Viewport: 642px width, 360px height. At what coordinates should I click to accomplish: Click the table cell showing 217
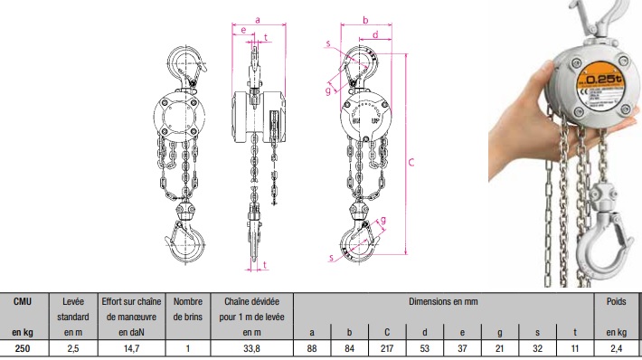point(386,348)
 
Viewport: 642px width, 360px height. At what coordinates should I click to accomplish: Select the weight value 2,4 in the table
point(616,348)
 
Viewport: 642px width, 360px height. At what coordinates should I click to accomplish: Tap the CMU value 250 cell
point(23,348)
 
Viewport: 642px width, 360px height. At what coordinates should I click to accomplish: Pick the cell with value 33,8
point(251,348)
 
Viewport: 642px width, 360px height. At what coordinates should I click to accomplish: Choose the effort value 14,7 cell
point(131,348)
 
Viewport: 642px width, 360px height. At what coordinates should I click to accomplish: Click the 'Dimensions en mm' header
point(443,302)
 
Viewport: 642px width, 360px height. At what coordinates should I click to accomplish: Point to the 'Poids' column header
point(616,301)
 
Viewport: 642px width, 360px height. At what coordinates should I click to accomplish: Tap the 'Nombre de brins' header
point(188,309)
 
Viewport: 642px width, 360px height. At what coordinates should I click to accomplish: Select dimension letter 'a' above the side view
point(258,20)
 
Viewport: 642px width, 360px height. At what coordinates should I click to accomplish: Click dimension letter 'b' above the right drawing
point(365,20)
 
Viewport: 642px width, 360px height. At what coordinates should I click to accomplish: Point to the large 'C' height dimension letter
point(411,162)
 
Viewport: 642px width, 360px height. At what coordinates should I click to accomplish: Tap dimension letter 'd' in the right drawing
point(375,34)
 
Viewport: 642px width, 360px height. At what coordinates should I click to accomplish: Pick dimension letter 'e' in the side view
point(243,30)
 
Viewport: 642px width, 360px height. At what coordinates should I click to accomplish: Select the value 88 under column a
point(312,348)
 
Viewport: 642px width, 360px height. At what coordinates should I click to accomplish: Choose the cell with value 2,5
point(73,348)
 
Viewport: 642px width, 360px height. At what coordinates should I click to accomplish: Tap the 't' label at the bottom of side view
point(265,265)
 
